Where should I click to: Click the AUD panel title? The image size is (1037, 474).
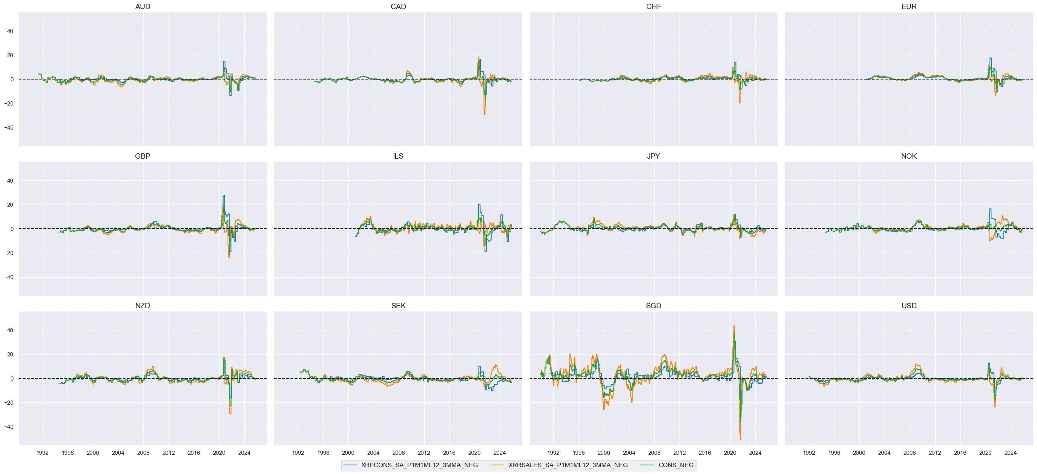pyautogui.click(x=143, y=6)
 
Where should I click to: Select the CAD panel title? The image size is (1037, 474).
pyautogui.click(x=398, y=6)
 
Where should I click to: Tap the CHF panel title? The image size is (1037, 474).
pyautogui.click(x=653, y=6)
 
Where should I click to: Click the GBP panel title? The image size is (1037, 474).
pyautogui.click(x=143, y=156)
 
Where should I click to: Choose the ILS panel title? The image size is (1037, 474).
pyautogui.click(x=398, y=156)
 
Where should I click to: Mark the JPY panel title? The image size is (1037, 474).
pyautogui.click(x=653, y=156)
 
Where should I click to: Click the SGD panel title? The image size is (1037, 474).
pyautogui.click(x=653, y=306)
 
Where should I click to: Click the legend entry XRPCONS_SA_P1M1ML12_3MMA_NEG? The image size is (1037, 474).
pyautogui.click(x=419, y=465)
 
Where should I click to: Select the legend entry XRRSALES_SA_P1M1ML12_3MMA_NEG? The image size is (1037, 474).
pyautogui.click(x=568, y=465)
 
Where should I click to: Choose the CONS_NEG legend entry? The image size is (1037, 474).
pyautogui.click(x=675, y=465)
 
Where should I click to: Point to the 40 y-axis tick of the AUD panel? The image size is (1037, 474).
pyautogui.click(x=10, y=31)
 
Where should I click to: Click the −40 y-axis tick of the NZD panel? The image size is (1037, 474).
pyautogui.click(x=8, y=427)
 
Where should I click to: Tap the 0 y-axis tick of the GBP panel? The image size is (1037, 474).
pyautogui.click(x=12, y=229)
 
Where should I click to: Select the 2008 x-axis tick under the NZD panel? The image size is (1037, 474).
pyautogui.click(x=143, y=453)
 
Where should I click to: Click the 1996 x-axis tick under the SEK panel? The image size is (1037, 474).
pyautogui.click(x=323, y=453)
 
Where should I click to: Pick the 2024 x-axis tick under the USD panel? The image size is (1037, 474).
pyautogui.click(x=1011, y=453)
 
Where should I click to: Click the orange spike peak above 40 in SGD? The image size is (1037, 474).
pyautogui.click(x=734, y=326)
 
